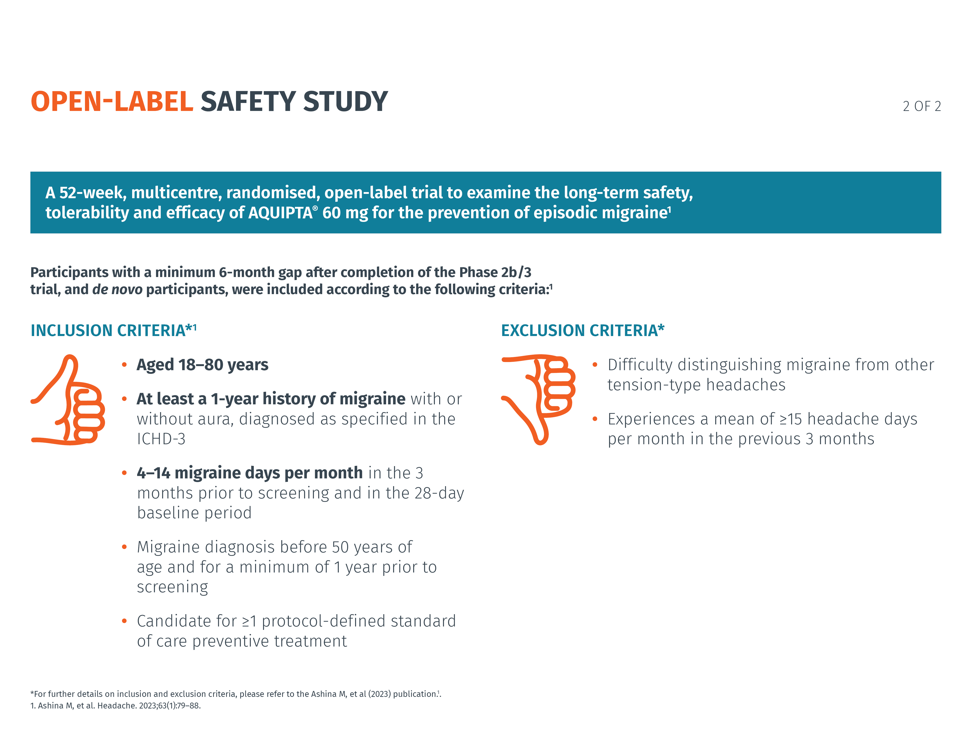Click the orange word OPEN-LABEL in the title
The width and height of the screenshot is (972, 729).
tap(112, 102)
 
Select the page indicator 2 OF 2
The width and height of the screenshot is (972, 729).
tap(921, 106)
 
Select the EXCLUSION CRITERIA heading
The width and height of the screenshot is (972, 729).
tap(582, 331)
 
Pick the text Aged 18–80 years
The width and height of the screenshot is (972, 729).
tap(202, 365)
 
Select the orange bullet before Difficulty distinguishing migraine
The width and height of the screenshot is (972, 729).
tap(595, 365)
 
